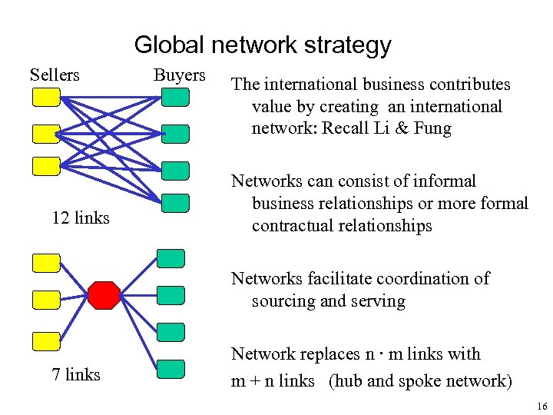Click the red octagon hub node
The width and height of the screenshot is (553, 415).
[104, 295]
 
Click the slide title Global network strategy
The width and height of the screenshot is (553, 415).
[263, 45]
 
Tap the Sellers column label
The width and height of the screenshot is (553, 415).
[55, 75]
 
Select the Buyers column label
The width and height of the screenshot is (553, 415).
[180, 75]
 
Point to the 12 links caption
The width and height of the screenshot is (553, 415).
[81, 218]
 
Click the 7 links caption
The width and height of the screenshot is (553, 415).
[76, 375]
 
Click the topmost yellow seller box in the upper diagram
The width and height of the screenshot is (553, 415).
[46, 97]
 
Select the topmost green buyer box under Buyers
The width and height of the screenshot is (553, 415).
[176, 97]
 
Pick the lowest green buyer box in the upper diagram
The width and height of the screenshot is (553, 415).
[176, 203]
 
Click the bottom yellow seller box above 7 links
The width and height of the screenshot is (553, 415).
[46, 340]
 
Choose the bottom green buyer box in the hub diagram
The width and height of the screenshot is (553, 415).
[171, 368]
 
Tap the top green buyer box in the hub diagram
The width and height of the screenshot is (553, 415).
[171, 258]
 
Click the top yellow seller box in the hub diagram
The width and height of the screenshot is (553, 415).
[46, 263]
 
